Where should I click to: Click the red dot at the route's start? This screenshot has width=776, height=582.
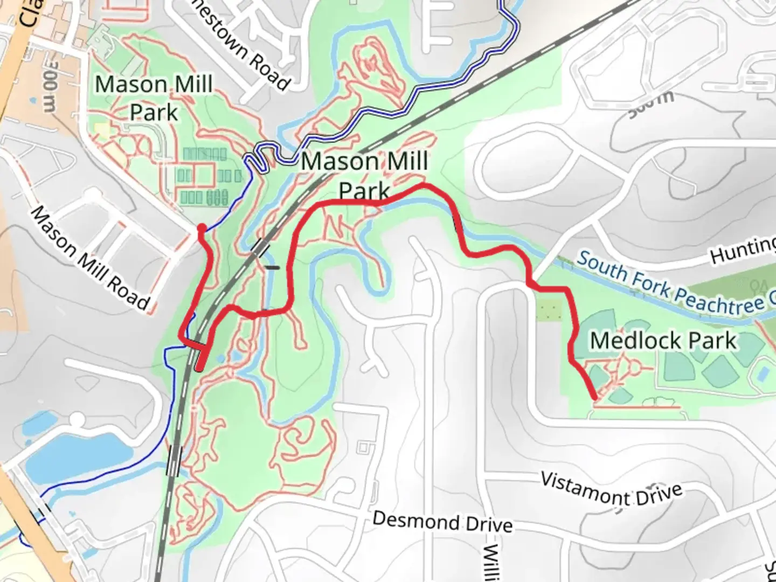pyautogui.click(x=202, y=228)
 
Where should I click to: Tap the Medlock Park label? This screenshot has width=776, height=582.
pyautogui.click(x=663, y=341)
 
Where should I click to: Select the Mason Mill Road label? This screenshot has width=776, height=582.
pyautogui.click(x=90, y=259)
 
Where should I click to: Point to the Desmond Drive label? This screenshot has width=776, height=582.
pyautogui.click(x=442, y=522)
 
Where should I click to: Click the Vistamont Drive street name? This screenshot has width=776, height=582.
pyautogui.click(x=611, y=489)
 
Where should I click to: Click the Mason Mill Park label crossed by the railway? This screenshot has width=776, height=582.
pyautogui.click(x=364, y=176)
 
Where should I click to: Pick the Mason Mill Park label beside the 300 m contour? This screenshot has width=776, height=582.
pyautogui.click(x=154, y=98)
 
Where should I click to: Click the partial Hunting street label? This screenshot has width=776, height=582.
pyautogui.click(x=743, y=250)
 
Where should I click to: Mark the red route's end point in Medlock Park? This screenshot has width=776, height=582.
pyautogui.click(x=594, y=398)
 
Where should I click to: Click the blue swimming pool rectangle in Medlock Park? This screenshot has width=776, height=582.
pyautogui.click(x=763, y=372)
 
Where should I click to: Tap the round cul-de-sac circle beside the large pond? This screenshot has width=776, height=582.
pyautogui.click(x=78, y=419)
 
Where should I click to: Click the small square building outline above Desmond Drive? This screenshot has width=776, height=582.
pyautogui.click(x=365, y=447)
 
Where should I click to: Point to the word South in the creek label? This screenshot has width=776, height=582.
pyautogui.click(x=601, y=265)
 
